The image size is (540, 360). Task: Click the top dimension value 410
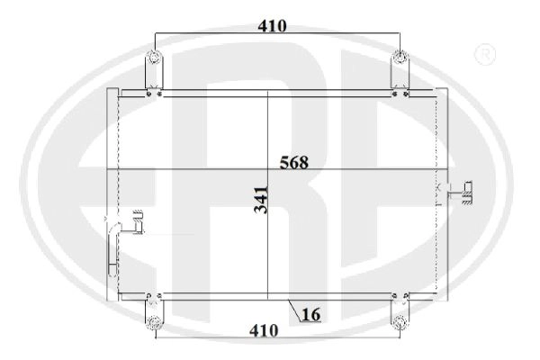[x=272, y=26]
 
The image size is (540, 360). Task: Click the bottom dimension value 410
[x=264, y=330]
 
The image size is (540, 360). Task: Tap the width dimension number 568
[x=294, y=163]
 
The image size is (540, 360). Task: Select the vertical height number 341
[x=261, y=200]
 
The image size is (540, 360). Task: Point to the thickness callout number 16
[x=311, y=314]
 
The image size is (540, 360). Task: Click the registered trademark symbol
[x=485, y=54]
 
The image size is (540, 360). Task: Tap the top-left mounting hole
[x=154, y=57]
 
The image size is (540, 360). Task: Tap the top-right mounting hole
[x=400, y=57]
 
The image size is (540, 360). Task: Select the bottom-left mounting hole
[x=154, y=322]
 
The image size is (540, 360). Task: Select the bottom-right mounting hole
[x=400, y=322]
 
